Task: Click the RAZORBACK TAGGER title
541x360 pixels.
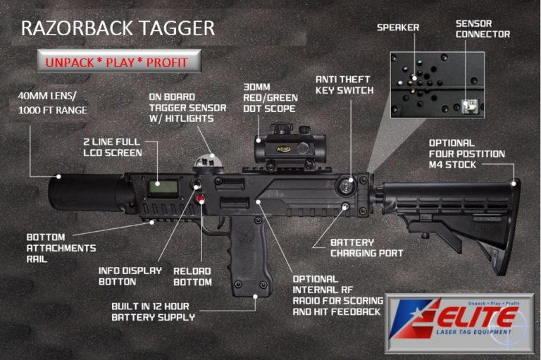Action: (118, 28)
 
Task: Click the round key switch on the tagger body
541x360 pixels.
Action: (347, 186)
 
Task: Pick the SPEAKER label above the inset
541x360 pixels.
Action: (398, 27)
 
